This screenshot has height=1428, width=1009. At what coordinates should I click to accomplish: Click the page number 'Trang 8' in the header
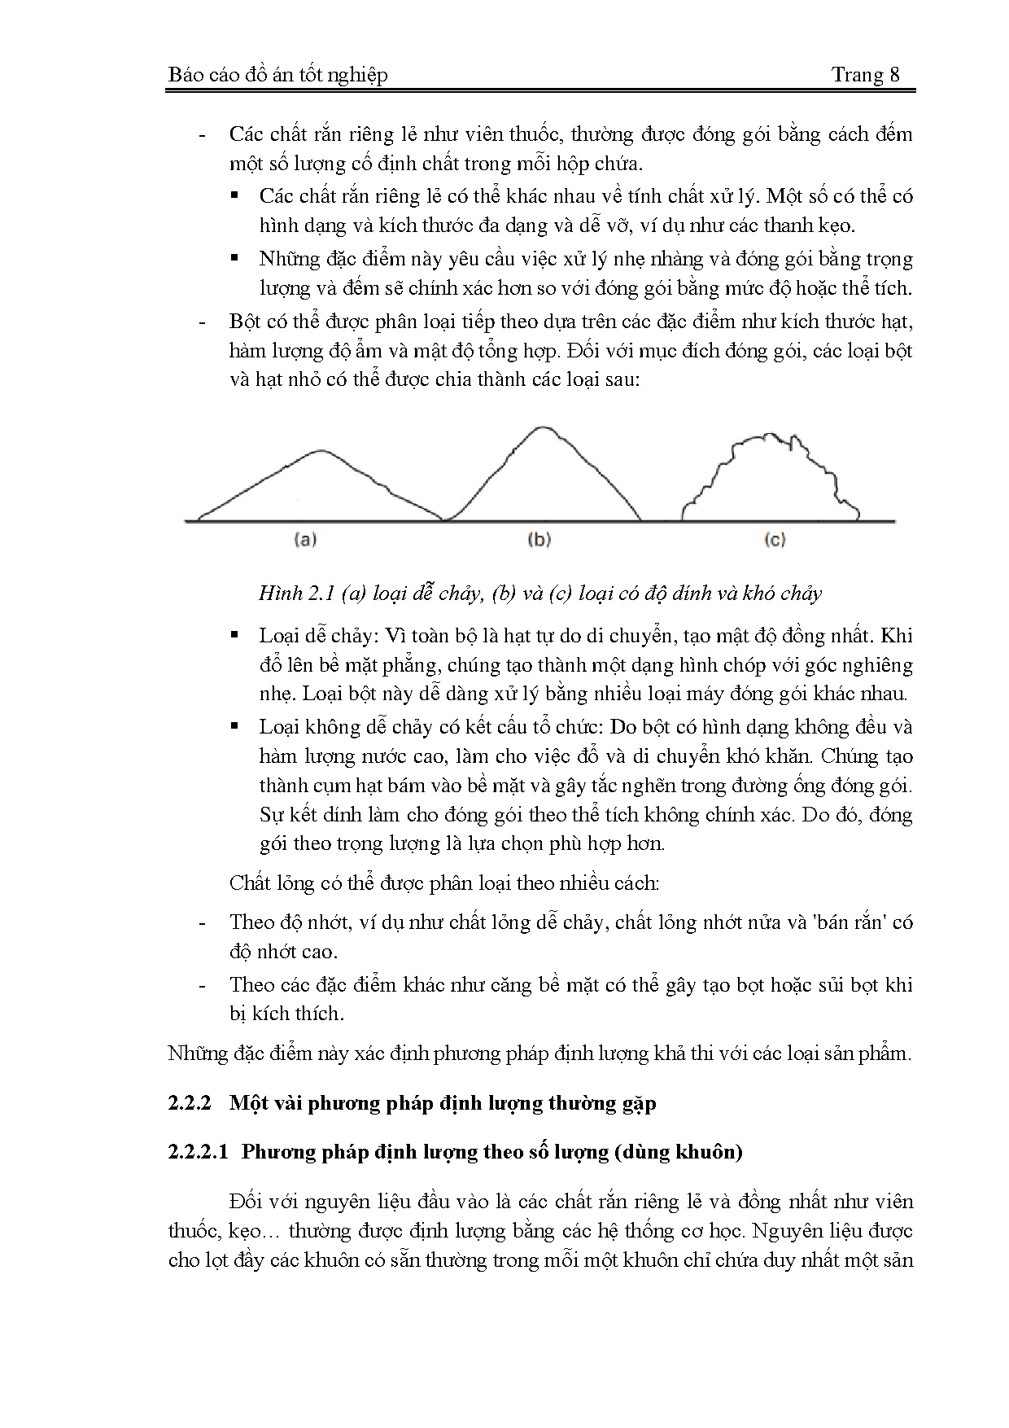[x=865, y=75]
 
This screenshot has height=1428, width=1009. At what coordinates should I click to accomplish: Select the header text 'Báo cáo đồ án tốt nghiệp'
[x=277, y=75]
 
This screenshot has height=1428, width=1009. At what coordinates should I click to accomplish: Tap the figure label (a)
[x=304, y=539]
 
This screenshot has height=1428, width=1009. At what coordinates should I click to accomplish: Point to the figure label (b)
[x=539, y=539]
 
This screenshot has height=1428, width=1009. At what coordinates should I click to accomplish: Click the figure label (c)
[x=774, y=539]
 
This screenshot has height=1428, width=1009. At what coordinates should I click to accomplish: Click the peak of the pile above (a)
[x=318, y=451]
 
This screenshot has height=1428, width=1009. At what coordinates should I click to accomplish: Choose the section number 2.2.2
[x=190, y=1103]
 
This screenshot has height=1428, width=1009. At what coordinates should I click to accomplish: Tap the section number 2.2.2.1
[x=198, y=1152]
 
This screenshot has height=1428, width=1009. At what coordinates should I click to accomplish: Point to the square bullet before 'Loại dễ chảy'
[x=235, y=635]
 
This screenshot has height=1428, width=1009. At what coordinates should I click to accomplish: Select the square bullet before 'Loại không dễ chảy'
[x=235, y=726]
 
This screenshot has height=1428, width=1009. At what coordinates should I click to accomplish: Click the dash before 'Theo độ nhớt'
[x=202, y=922]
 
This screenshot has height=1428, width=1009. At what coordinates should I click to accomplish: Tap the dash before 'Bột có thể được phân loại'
[x=202, y=322]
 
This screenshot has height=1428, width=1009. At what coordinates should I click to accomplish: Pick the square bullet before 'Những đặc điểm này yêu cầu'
[x=235, y=259]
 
